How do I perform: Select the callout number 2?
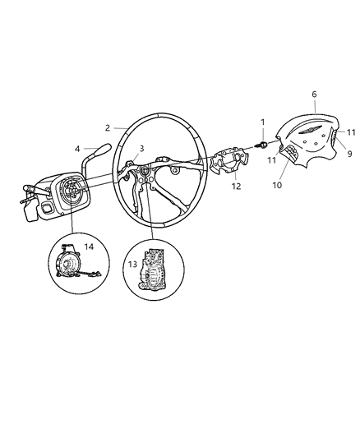[x=108, y=127]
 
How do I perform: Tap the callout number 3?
[x=141, y=148]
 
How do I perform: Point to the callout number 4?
[x=78, y=149]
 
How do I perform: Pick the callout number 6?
[x=313, y=95]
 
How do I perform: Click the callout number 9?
[x=348, y=153]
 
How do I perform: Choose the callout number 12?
[x=236, y=187]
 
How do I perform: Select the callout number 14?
[x=90, y=247]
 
